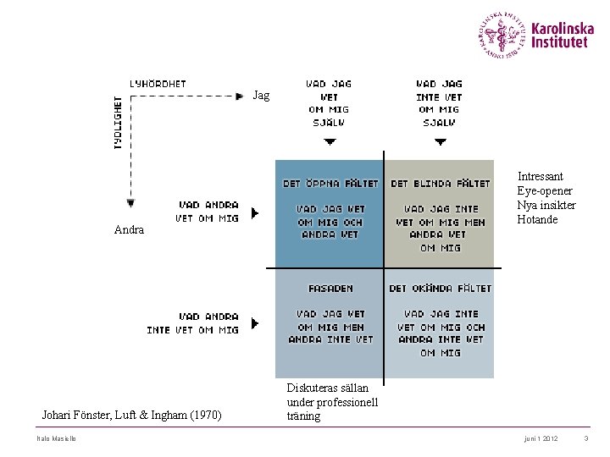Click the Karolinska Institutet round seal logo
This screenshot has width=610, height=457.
[x=502, y=35]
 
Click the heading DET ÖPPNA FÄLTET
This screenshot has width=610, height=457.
[x=330, y=184]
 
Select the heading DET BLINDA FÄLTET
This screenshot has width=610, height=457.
[x=440, y=184]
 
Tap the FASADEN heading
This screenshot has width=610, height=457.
[x=330, y=289]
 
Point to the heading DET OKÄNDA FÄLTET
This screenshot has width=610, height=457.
[x=440, y=289]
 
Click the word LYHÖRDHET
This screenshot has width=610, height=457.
[x=158, y=84]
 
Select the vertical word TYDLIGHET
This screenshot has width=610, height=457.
[x=118, y=123]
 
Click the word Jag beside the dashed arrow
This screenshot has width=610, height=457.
[x=261, y=96]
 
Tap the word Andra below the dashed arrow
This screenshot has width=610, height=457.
[x=129, y=230]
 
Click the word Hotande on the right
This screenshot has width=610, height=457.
[x=537, y=220]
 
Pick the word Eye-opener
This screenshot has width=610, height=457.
[x=545, y=191]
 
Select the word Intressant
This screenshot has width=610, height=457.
[x=540, y=177]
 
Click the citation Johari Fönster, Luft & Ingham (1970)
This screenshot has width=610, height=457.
[x=131, y=416]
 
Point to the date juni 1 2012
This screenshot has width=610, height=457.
[x=541, y=438]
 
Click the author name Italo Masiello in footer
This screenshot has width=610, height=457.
[x=56, y=438]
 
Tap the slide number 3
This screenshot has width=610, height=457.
[x=585, y=438]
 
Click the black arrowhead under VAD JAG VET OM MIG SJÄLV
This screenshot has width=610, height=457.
[x=330, y=142]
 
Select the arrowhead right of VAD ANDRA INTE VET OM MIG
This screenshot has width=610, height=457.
[x=255, y=323]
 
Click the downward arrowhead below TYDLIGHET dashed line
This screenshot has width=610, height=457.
[x=130, y=203]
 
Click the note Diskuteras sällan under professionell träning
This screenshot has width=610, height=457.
[x=332, y=402]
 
